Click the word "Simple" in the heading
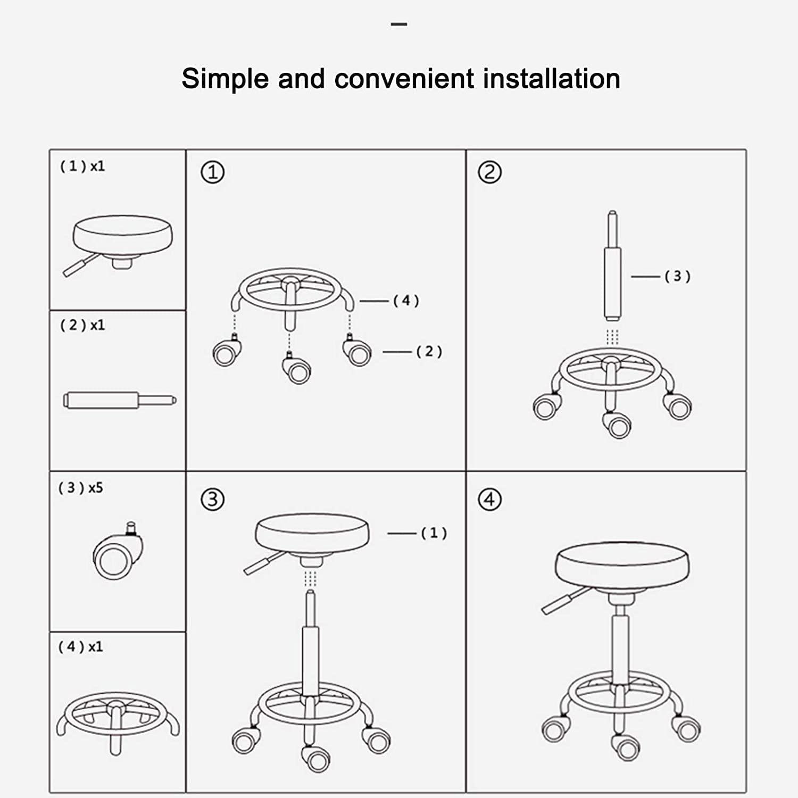226,79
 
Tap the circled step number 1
212,172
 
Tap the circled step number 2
489,172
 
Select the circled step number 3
212,500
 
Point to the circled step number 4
489,500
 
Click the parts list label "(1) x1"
82,167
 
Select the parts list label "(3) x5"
81,488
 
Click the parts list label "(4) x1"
81,647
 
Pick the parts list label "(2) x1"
82,325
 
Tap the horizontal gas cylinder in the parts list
118,400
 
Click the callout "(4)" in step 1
406,301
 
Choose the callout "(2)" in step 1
429,352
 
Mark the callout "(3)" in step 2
677,276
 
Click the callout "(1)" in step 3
434,533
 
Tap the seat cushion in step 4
622,565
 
